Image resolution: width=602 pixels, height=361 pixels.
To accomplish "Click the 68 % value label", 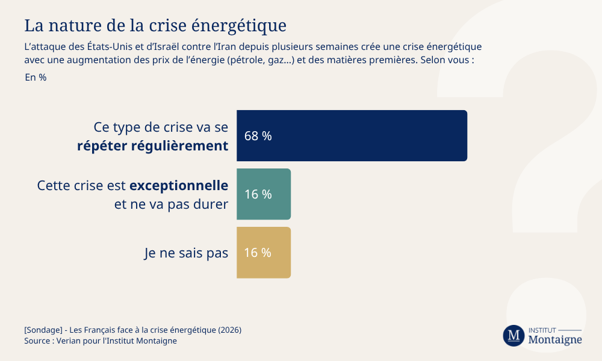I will pyautogui.click(x=258, y=136).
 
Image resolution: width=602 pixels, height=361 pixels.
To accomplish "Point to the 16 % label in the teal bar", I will pyautogui.click(x=258, y=194).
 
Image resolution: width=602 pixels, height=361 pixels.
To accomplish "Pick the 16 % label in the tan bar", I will pyautogui.click(x=258, y=253).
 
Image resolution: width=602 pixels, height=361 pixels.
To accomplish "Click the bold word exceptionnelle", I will pyautogui.click(x=179, y=185).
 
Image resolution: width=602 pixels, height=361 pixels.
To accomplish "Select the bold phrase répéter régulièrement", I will pyautogui.click(x=153, y=146).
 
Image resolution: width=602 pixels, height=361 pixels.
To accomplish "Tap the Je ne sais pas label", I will pyautogui.click(x=186, y=253).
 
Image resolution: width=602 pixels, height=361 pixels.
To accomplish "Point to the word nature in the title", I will pyautogui.click(x=73, y=26).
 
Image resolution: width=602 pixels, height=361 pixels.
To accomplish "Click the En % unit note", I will pyautogui.click(x=36, y=77).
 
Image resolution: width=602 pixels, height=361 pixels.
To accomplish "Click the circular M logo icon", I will pyautogui.click(x=514, y=336).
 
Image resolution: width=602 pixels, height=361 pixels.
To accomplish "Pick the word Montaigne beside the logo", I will pyautogui.click(x=554, y=340).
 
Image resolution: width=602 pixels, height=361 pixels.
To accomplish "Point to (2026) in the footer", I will pyautogui.click(x=229, y=330).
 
